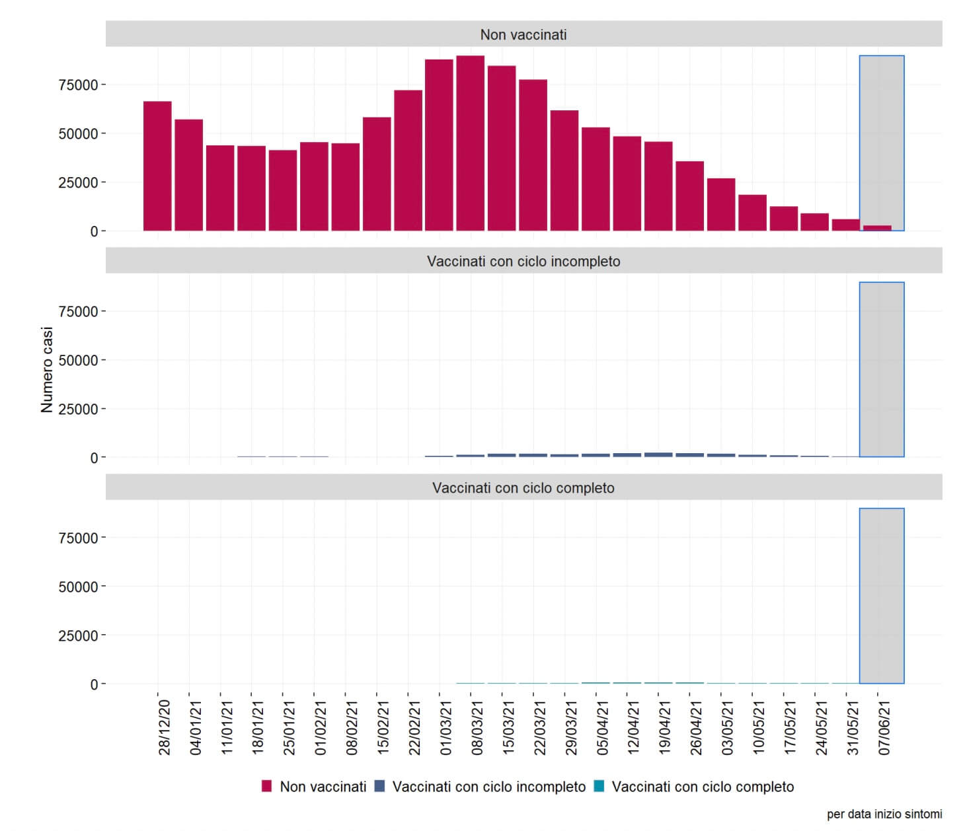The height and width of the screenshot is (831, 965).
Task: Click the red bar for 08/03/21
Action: (x=470, y=143)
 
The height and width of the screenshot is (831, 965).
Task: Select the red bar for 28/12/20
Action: (x=157, y=166)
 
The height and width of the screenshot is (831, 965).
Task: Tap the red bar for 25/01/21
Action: (x=283, y=190)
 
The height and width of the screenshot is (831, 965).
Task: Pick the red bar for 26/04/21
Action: (x=689, y=196)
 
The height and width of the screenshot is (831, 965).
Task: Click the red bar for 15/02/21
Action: (x=377, y=174)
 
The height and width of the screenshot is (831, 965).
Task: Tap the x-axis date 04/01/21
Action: (x=196, y=727)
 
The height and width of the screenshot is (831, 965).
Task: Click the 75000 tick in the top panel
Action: (x=78, y=85)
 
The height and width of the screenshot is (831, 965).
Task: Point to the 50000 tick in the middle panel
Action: (x=78, y=361)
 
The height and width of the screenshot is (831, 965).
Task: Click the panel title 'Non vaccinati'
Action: (x=523, y=34)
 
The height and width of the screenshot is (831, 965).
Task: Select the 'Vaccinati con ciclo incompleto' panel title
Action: (x=523, y=261)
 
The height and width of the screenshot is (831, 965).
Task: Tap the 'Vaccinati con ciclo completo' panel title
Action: (x=523, y=488)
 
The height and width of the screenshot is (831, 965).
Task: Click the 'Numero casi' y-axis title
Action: (x=47, y=370)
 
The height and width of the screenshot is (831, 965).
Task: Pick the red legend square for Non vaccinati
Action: (x=267, y=786)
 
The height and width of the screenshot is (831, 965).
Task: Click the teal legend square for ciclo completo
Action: (x=599, y=786)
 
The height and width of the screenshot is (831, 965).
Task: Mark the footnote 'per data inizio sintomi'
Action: (x=884, y=814)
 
